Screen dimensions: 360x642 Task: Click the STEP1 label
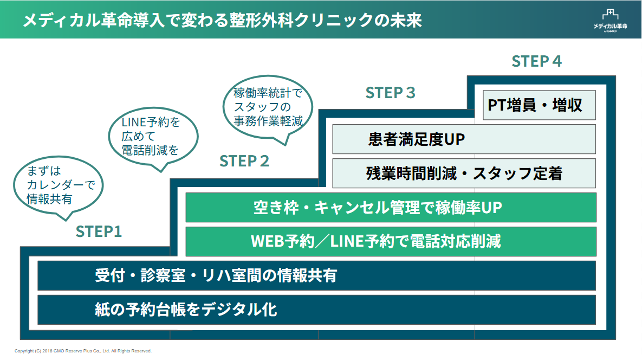click(99, 232)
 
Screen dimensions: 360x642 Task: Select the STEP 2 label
click(244, 161)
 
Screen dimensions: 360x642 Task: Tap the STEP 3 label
click(390, 93)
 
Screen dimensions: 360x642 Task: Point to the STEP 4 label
click(536, 61)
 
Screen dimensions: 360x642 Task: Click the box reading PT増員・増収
click(539, 105)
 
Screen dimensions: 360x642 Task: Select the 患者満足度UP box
click(464, 139)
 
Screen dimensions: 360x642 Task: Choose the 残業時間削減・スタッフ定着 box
click(464, 173)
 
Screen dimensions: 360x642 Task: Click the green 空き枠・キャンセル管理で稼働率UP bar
click(391, 208)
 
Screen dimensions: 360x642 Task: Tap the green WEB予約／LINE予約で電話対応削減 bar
click(391, 241)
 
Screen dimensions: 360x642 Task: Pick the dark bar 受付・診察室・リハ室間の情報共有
click(316, 275)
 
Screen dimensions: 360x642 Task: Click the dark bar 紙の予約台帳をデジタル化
click(316, 310)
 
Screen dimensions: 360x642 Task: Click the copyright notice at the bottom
click(83, 351)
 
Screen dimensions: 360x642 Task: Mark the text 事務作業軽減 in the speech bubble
click(268, 120)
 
